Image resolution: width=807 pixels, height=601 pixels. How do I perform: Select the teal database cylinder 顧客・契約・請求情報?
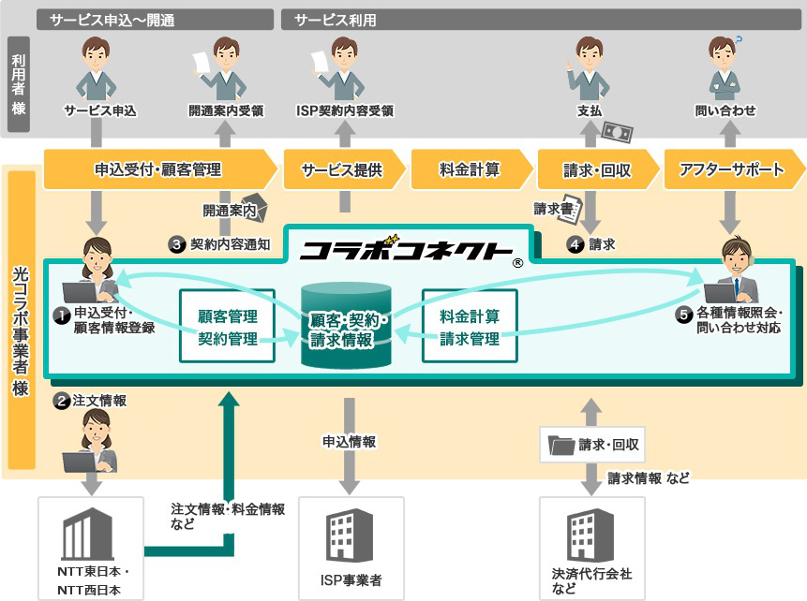(346, 325)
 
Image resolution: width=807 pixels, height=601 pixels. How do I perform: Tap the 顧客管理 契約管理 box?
(227, 327)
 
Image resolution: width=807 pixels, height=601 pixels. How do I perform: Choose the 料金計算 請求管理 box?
(470, 327)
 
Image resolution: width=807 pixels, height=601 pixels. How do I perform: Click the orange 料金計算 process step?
(471, 169)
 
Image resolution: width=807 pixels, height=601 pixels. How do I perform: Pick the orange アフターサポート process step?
(734, 169)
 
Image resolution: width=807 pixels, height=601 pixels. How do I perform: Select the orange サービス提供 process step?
(344, 169)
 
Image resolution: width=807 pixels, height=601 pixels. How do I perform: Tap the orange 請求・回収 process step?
(598, 169)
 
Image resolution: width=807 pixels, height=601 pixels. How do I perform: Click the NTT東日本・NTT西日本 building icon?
(87, 534)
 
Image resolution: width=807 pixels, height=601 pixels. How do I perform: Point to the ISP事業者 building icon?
(350, 535)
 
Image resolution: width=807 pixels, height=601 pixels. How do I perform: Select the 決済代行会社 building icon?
(590, 535)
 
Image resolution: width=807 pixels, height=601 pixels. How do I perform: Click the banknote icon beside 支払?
(618, 133)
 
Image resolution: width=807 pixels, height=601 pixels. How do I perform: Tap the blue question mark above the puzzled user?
(740, 40)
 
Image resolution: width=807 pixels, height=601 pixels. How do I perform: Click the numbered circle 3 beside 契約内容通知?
(176, 244)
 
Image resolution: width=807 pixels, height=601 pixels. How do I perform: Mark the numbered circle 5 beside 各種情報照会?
(683, 315)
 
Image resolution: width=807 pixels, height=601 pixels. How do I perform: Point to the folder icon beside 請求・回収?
(561, 445)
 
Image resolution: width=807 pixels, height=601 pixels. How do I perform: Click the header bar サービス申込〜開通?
(155, 20)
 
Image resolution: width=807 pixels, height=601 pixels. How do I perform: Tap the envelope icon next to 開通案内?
(256, 207)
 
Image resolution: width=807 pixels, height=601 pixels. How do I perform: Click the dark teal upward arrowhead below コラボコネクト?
(229, 400)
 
